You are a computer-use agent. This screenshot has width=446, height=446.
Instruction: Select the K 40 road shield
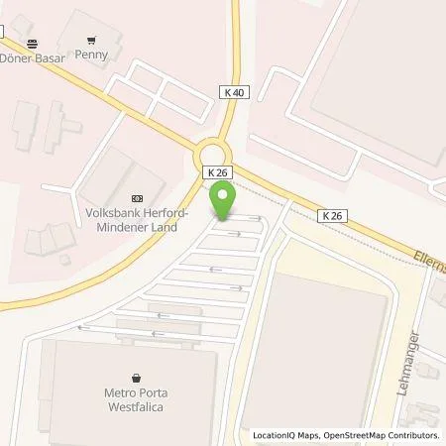231,91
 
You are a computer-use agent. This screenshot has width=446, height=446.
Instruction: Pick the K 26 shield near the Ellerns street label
332,215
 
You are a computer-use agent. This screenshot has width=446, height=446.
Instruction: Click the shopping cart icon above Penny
91,41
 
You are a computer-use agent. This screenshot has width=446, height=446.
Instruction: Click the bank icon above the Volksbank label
136,197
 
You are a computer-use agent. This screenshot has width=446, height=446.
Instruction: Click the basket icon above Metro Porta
136,377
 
